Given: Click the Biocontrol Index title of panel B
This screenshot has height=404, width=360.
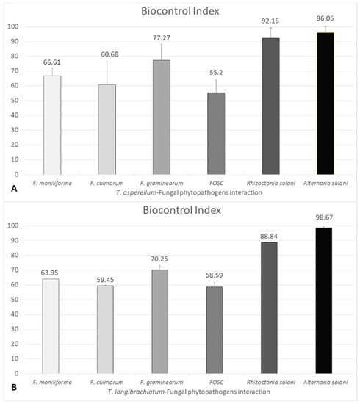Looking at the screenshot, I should point(180,212).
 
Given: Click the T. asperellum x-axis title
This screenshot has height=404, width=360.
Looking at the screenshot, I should point(180,191).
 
